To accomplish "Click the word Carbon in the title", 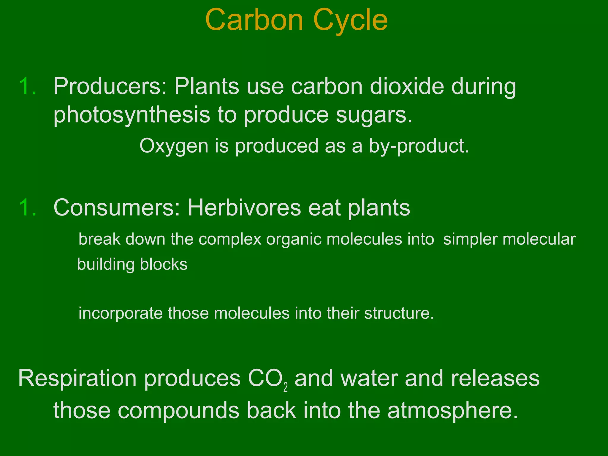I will (x=254, y=20).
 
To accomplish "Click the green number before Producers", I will (x=28, y=86).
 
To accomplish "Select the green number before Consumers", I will (x=28, y=208).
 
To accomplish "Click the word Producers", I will (x=110, y=86).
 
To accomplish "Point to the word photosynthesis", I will (x=132, y=115).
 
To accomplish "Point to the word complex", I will (x=230, y=239).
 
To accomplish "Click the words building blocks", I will (x=132, y=264).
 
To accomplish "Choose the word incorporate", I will (x=121, y=313).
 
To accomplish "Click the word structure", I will (x=399, y=313).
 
